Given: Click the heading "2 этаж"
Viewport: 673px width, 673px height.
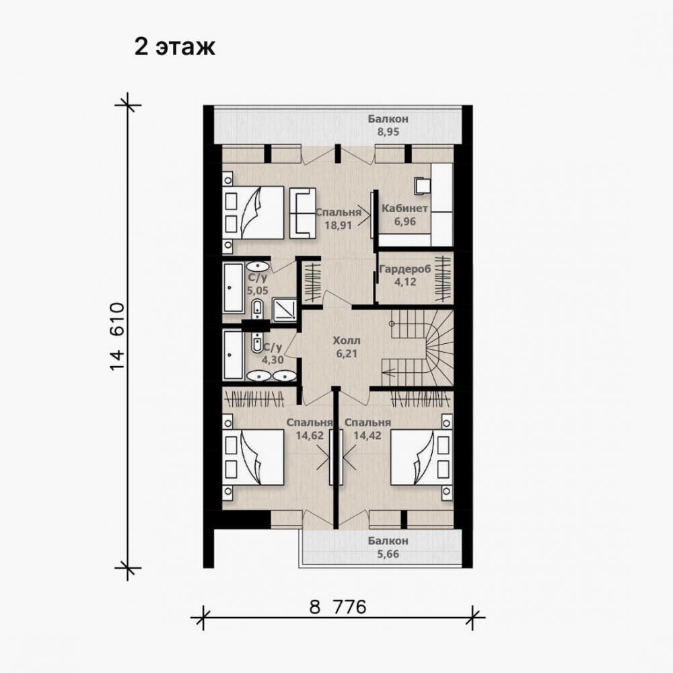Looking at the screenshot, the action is pyautogui.click(x=175, y=47).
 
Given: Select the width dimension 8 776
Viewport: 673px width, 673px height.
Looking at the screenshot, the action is pyautogui.click(x=338, y=607).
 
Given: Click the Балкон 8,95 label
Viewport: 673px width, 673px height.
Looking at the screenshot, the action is pyautogui.click(x=388, y=125).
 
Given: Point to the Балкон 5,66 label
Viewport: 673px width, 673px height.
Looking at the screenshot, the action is pyautogui.click(x=388, y=547).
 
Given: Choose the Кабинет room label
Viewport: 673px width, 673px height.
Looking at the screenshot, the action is pyautogui.click(x=404, y=209).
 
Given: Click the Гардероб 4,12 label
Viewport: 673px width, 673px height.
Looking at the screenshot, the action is pyautogui.click(x=405, y=275).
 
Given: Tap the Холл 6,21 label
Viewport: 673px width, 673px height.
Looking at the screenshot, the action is pyautogui.click(x=347, y=347).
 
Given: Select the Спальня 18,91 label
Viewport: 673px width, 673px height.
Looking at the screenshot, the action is pyautogui.click(x=339, y=219).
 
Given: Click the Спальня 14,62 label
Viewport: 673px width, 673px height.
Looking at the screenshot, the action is pyautogui.click(x=310, y=429).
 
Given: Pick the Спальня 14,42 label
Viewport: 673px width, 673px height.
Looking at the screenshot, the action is pyautogui.click(x=368, y=429).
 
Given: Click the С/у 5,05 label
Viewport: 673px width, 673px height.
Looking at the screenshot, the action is pyautogui.click(x=258, y=284).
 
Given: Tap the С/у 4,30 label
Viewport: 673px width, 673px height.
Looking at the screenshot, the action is pyautogui.click(x=273, y=353).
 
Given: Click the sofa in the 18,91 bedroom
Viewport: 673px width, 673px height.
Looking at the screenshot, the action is pyautogui.click(x=303, y=213).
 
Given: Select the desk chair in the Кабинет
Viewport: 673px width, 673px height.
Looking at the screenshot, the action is pyautogui.click(x=422, y=186).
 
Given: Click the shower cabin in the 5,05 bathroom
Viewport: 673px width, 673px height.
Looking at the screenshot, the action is pyautogui.click(x=284, y=309).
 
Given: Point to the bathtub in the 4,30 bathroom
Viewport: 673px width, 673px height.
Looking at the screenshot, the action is pyautogui.click(x=233, y=355).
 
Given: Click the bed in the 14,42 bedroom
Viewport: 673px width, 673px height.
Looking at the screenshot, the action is pyautogui.click(x=421, y=458).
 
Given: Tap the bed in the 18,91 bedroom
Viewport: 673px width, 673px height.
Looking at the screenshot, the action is pyautogui.click(x=253, y=213).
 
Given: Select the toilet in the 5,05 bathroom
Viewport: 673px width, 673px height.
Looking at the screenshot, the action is pyautogui.click(x=257, y=310).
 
